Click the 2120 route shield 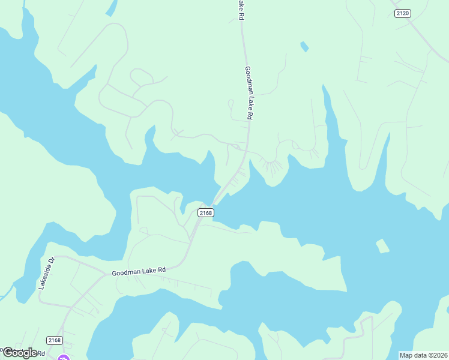(403, 14)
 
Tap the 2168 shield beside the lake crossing (205, 212)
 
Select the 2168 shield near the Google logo (54, 340)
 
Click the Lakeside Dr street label (46, 274)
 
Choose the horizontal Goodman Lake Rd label (138, 272)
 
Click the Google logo (20, 352)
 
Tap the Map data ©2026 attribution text (423, 355)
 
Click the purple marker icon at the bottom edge (63, 358)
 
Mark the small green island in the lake (382, 246)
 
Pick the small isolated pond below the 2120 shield (304, 46)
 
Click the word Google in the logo (20, 352)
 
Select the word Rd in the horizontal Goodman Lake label (160, 270)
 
